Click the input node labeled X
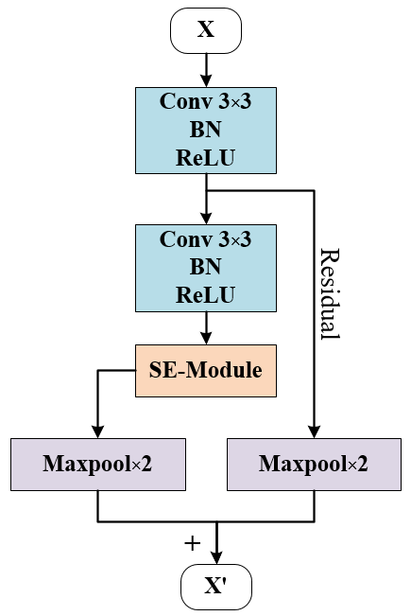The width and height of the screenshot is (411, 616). point(206,29)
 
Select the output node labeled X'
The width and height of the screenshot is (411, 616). point(218,588)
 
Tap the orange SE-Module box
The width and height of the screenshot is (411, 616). point(206,370)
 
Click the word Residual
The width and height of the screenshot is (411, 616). point(329,293)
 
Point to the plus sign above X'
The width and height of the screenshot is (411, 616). point(193,543)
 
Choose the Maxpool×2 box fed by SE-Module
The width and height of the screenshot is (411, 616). point(97,464)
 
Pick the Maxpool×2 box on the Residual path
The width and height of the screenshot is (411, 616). point(313,464)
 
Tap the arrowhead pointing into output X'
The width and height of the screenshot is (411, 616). point(218,560)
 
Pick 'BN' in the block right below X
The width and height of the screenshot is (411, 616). point(206,129)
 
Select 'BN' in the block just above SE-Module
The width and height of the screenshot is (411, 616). point(206,267)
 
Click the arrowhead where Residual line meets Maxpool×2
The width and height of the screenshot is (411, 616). point(313,431)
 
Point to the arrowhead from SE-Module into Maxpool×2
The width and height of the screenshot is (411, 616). point(97,431)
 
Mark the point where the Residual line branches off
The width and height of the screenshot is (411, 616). point(206,188)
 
